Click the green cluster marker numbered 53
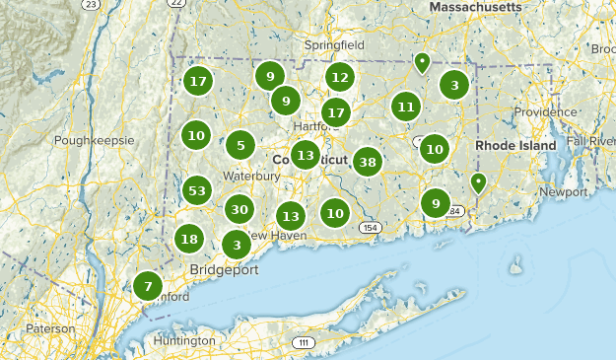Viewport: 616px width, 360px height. point(197,190)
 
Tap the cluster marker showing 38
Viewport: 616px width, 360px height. point(368,162)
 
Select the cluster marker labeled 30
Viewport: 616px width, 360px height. point(239,209)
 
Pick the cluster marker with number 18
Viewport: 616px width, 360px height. point(189,239)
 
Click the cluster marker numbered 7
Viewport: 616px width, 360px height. point(148,287)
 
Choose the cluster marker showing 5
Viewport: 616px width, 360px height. point(240,146)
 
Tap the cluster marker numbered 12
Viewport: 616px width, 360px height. point(340,77)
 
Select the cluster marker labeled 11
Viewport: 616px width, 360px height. point(405,107)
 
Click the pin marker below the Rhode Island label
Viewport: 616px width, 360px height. point(478,181)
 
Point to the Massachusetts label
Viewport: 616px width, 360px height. point(475,7)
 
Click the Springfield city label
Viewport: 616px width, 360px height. point(334,45)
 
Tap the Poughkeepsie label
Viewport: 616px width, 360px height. point(94,140)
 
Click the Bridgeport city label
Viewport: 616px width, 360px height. point(224,269)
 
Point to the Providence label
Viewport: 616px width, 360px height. point(545,112)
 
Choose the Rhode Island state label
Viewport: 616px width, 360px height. point(515,145)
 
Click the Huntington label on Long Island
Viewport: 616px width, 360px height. point(184,341)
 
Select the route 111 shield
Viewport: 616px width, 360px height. point(302,342)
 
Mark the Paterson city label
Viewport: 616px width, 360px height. point(50,328)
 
